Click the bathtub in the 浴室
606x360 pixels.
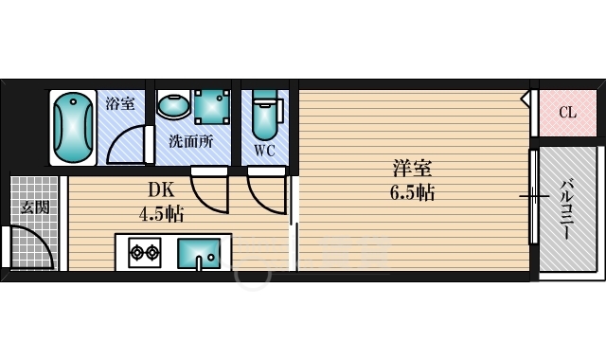coord(73,128)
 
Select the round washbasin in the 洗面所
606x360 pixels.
coord(173,105)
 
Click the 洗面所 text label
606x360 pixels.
coord(190,143)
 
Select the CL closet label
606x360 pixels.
coord(566,113)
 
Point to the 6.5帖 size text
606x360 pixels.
coord(414,192)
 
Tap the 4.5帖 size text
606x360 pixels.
coord(161,213)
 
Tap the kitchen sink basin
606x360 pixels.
coord(201,253)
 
